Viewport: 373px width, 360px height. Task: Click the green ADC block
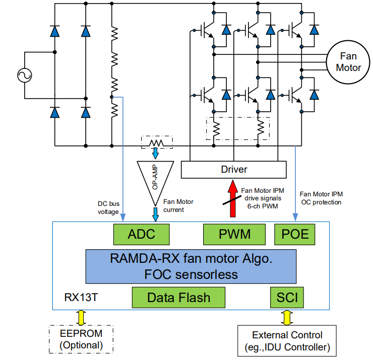(x=141, y=234)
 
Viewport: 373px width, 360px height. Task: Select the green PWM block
(x=234, y=234)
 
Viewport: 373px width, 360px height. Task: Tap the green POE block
(x=294, y=234)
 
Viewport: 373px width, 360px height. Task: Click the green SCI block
(x=287, y=298)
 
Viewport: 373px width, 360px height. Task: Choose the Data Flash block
(x=178, y=298)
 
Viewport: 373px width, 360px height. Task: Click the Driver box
(x=234, y=170)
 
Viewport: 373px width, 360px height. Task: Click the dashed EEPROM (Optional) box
(x=81, y=340)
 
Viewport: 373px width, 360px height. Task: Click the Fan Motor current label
(x=178, y=205)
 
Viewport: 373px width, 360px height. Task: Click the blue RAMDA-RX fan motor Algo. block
(x=192, y=266)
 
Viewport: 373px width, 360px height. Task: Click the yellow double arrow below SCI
(x=287, y=318)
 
